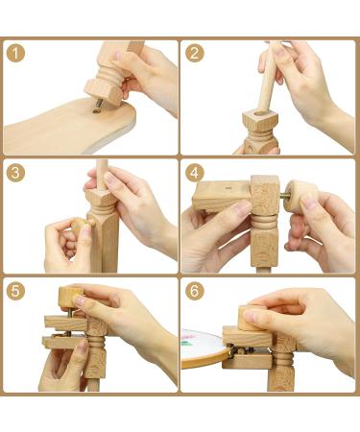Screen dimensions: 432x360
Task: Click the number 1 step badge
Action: (17, 53)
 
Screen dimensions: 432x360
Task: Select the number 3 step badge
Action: (17, 173)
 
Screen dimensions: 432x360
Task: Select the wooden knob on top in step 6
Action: (258, 318)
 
